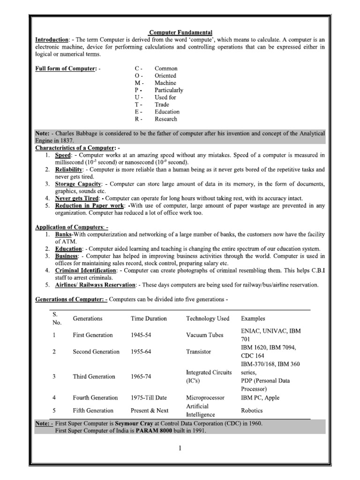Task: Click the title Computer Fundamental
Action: click(x=180, y=32)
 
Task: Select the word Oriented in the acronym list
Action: click(x=165, y=75)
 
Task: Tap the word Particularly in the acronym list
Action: click(x=169, y=90)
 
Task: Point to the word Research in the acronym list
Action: click(x=166, y=119)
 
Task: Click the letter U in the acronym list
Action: click(x=137, y=97)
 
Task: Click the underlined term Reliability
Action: click(x=69, y=169)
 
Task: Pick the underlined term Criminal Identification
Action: click(x=85, y=270)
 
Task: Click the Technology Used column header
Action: click(x=208, y=318)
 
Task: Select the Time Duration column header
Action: click(x=149, y=318)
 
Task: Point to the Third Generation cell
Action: click(x=94, y=376)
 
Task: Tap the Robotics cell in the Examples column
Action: click(x=252, y=410)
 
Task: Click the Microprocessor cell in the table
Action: click(x=205, y=397)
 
